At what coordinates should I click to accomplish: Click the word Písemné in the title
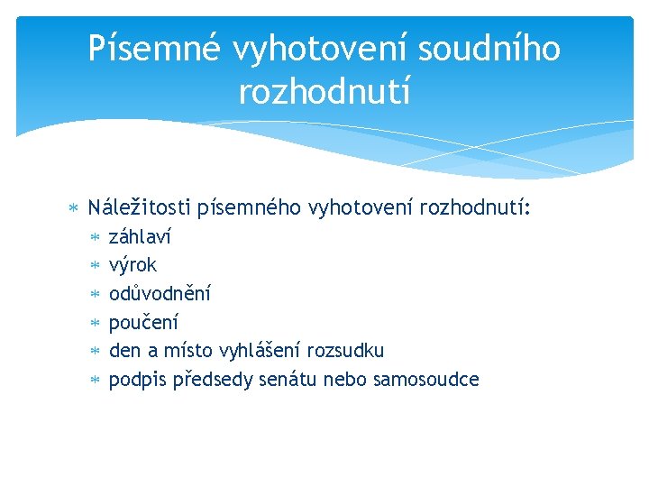pos(153,49)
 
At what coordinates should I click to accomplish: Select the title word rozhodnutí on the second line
pos(324,90)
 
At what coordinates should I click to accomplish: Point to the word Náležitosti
pos(139,209)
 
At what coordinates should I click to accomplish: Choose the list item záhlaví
pos(140,238)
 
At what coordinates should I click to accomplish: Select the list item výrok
pos(133,265)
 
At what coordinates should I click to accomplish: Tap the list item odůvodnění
pos(160,293)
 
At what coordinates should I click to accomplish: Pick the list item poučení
pos(143,322)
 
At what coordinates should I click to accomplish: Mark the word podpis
pos(135,380)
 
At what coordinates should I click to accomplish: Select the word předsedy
pos(220,380)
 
